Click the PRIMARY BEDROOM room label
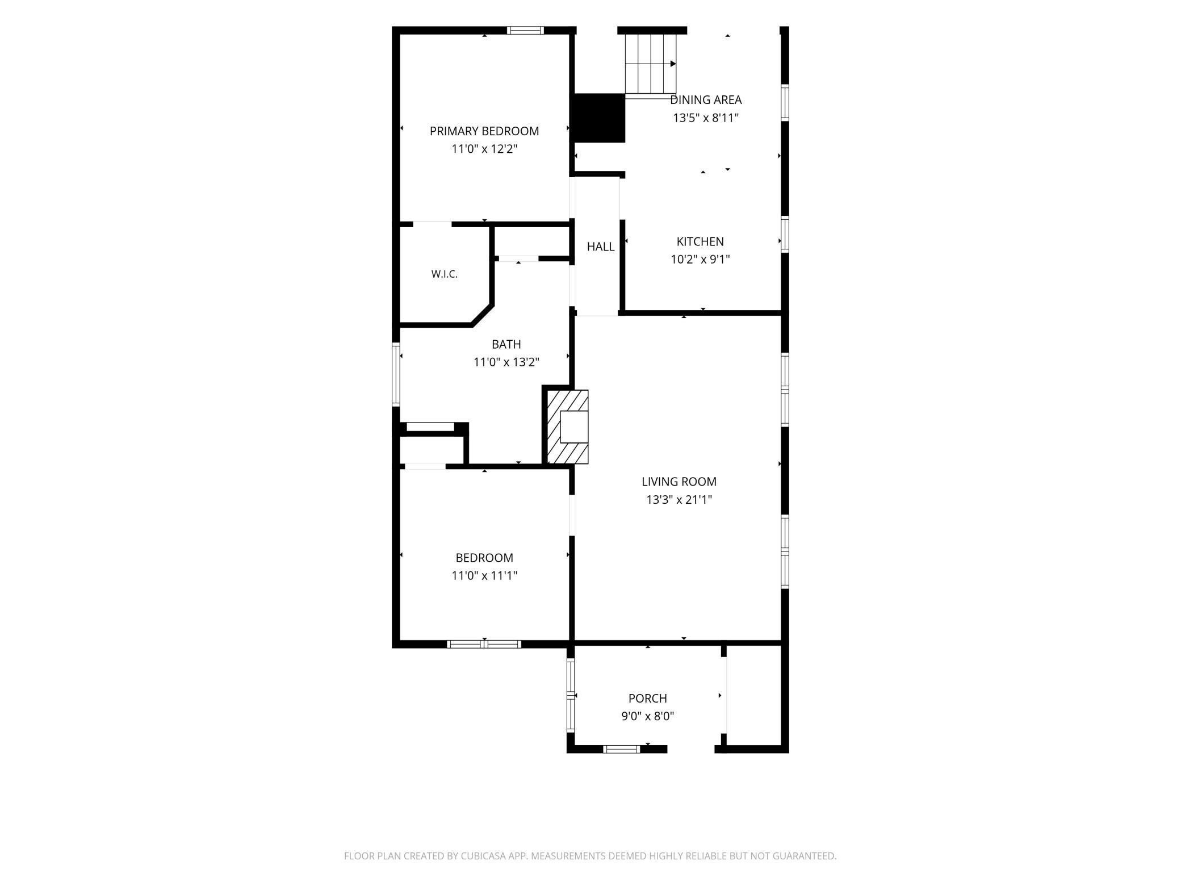coord(484,131)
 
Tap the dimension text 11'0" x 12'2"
coord(484,149)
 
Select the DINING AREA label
coord(706,100)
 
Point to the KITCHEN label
coord(700,241)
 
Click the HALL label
coord(601,246)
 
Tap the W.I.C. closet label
coord(444,274)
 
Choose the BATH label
coord(506,344)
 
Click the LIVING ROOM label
coord(679,482)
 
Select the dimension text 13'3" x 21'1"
coord(679,500)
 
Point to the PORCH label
coord(647,699)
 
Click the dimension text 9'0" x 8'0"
coord(647,716)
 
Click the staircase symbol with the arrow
coord(651,64)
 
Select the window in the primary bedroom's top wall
coord(525,31)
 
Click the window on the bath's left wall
coord(396,374)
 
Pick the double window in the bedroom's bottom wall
coord(484,644)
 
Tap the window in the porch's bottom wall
coord(621,749)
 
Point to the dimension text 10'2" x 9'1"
coord(700,260)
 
